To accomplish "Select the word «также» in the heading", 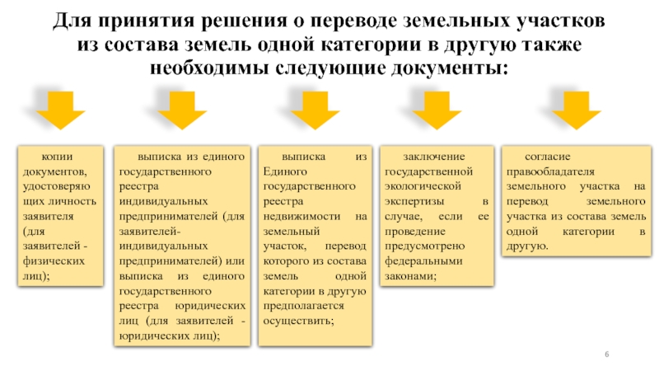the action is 552,42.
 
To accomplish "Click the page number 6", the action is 607,354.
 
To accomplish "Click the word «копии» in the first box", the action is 57,156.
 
